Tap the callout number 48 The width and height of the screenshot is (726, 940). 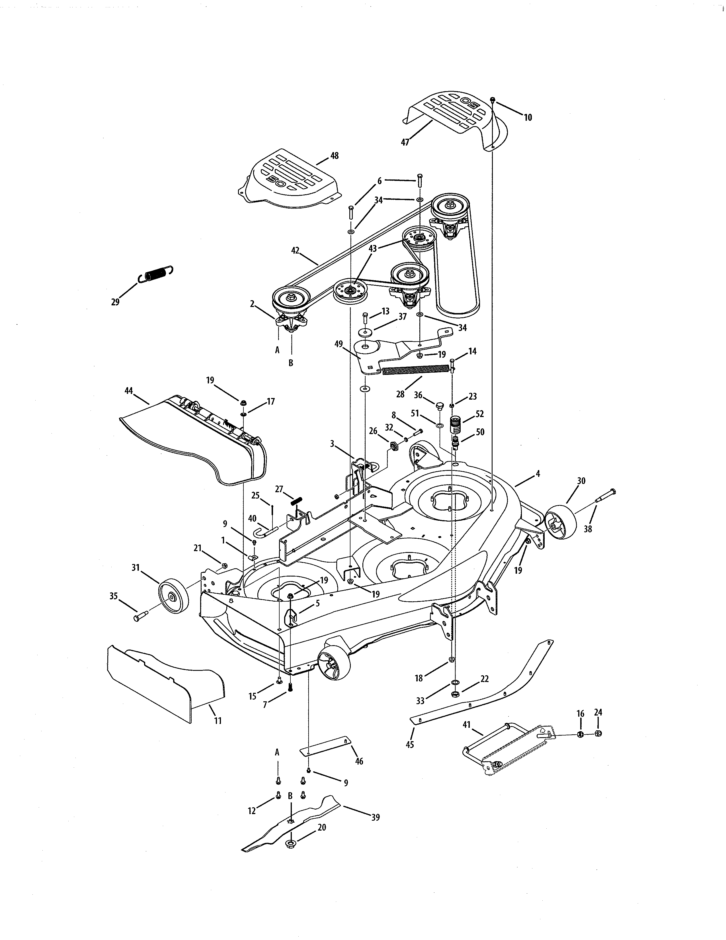pyautogui.click(x=334, y=156)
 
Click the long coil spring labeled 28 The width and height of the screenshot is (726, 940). pyautogui.click(x=415, y=370)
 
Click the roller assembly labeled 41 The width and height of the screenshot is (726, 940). pyautogui.click(x=508, y=749)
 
